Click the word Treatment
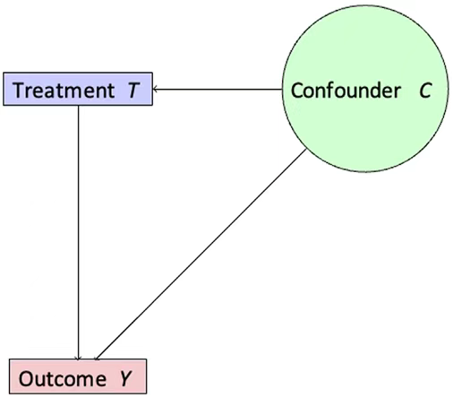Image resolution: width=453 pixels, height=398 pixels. tap(64, 90)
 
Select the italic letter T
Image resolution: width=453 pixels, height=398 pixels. tap(133, 90)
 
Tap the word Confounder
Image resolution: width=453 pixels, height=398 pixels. tap(346, 91)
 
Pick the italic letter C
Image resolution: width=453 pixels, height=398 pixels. tap(425, 91)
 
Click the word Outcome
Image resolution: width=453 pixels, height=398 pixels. tap(63, 378)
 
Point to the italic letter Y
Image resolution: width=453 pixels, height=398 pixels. tap(125, 379)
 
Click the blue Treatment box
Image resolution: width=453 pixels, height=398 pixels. tap(78, 89)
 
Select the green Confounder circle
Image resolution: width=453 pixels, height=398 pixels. tap(365, 89)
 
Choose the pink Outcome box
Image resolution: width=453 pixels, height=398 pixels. tap(78, 376)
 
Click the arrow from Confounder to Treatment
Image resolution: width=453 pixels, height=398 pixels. tap(218, 89)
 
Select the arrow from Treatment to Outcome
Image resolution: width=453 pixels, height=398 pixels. tap(78, 232)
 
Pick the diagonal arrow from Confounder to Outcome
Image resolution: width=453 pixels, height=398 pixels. tap(201, 255)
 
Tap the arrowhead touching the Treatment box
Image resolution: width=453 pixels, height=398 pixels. tap(155, 89)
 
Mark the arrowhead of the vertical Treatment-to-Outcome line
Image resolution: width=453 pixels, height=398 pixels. tap(78, 358)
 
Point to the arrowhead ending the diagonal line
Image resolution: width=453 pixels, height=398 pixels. tap(97, 358)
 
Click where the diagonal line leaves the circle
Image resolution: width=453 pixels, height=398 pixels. tap(306, 150)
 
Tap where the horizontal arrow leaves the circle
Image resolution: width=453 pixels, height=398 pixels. tap(282, 89)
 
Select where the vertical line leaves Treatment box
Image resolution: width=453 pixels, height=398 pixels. tap(78, 106)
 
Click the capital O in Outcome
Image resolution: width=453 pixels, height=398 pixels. tap(26, 379)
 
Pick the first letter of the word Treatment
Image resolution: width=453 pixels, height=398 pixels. tap(19, 90)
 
